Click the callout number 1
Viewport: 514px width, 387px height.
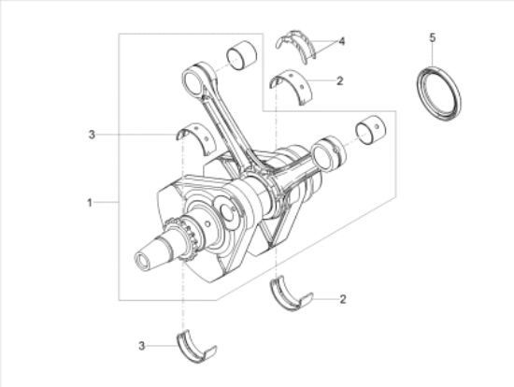[x=89, y=202]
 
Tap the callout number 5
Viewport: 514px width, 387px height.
[x=432, y=37]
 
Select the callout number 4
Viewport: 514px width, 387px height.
[x=342, y=42]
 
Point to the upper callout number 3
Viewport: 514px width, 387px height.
[x=92, y=136]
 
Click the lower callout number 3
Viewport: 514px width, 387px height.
[x=142, y=346]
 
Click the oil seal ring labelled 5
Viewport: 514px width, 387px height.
[x=438, y=93]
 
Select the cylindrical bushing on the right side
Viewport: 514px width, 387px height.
[x=371, y=131]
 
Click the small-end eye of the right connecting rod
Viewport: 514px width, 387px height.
[x=328, y=150]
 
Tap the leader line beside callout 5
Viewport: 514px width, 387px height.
[x=432, y=54]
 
